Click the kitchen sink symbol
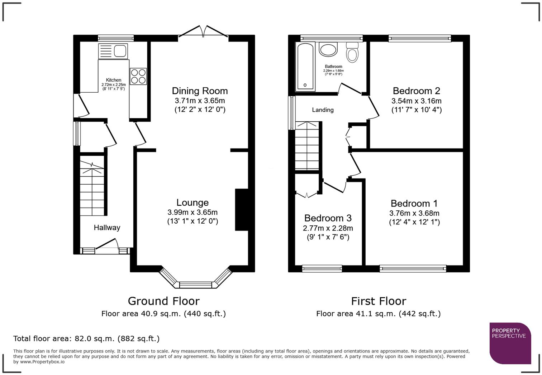pos(113,51)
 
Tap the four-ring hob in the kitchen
pos(138,76)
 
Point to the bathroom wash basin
pos(328,49)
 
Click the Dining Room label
pos(200,91)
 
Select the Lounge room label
pos(192,203)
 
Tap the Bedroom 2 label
pos(416,91)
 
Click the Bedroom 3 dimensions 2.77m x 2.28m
pos(328,228)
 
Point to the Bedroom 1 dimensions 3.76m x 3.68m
pos(414,213)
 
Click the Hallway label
pos(107,228)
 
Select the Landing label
pos(323,110)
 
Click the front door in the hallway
pos(107,247)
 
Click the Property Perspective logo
pos(510,343)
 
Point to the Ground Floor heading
pos(163,301)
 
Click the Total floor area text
pos(86,339)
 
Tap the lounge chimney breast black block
pos(241,210)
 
